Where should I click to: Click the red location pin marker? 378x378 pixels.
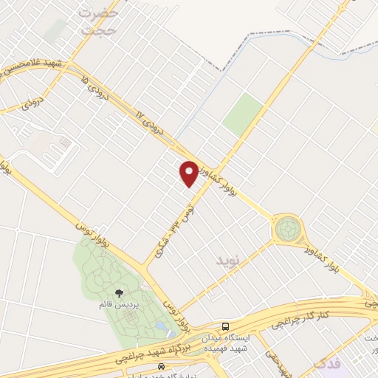189,174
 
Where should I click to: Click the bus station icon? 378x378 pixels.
225,326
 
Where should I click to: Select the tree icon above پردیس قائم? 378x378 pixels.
120,294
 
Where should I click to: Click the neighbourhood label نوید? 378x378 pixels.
228,261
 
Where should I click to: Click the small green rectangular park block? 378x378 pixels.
243,114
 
